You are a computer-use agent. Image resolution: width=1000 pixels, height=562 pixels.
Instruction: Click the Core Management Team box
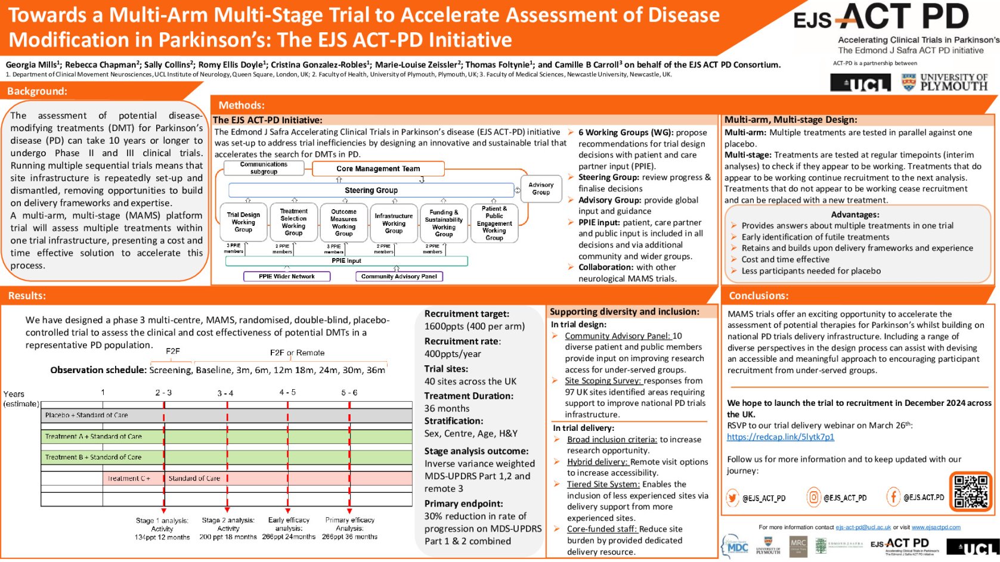point(378,169)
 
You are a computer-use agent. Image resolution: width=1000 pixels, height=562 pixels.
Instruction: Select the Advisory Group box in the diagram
point(541,188)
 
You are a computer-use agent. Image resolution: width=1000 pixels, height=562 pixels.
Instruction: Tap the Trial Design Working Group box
point(243,222)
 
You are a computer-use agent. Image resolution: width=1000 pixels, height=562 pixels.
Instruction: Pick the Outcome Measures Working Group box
point(343,223)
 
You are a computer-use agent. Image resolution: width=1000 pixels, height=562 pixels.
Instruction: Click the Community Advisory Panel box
point(399,277)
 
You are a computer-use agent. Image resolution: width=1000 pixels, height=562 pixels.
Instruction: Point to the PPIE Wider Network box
point(287,277)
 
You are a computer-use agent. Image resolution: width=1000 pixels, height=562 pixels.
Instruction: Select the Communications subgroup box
point(264,168)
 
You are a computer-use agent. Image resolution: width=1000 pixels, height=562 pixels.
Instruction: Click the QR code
point(971,491)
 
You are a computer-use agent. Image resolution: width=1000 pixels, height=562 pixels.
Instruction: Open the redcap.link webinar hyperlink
point(780,437)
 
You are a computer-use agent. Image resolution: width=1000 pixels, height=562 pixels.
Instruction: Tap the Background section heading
point(37,91)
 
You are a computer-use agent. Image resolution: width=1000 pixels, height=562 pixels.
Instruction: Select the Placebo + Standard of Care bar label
point(86,415)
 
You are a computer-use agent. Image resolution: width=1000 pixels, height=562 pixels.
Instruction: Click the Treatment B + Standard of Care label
point(93,457)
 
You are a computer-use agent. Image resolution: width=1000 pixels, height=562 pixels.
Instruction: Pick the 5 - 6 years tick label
point(349,393)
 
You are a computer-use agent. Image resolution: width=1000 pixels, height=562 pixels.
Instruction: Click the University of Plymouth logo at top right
point(945,82)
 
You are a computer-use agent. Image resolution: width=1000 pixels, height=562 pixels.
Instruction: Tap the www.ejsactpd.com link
point(936,527)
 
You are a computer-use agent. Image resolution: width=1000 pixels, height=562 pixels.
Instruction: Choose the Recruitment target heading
point(466,313)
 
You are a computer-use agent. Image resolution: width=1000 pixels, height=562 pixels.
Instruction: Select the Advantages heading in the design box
point(855,215)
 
